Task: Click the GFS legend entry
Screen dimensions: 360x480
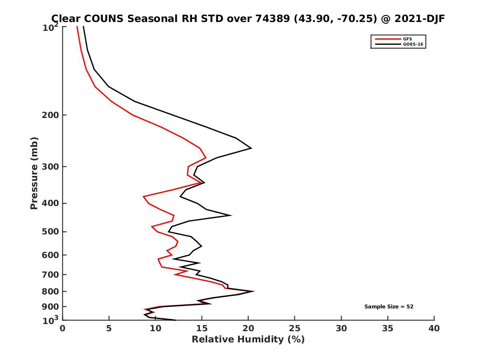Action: coord(408,39)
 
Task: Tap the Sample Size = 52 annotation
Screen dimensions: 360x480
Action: coord(388,306)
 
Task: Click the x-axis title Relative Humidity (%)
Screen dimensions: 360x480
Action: coord(248,340)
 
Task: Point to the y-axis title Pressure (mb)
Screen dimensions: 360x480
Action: coord(34,173)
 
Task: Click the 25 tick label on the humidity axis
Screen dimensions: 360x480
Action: coord(295,328)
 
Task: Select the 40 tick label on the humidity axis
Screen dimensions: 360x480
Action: coord(434,328)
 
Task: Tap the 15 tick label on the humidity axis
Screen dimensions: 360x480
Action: coord(202,328)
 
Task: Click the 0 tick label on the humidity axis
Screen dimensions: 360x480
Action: coord(62,328)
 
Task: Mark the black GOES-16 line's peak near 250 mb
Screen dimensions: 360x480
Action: coord(251,148)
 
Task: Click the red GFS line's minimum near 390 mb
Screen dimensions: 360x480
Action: coord(144,196)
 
